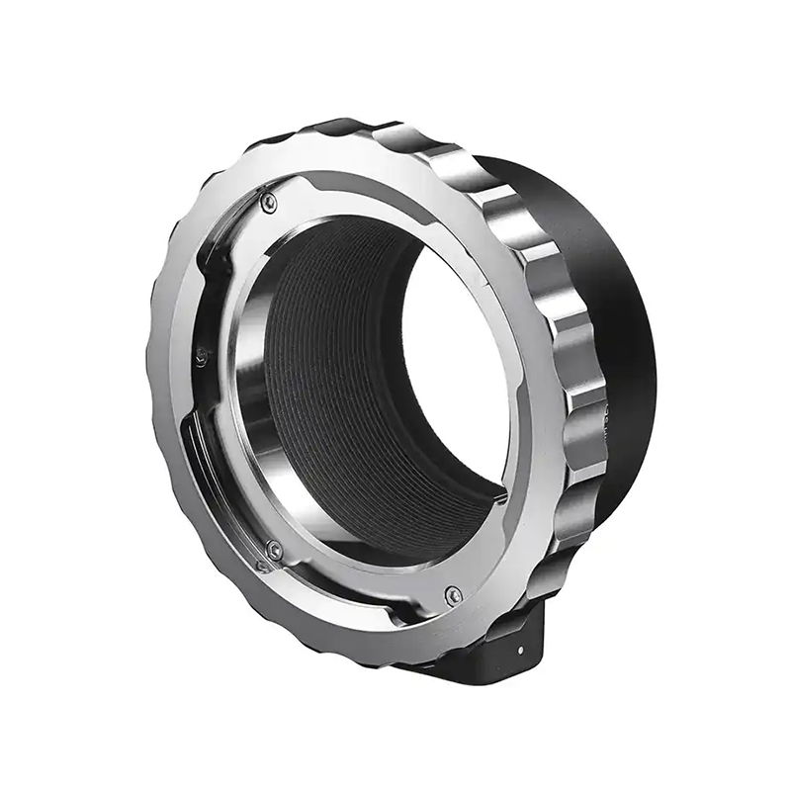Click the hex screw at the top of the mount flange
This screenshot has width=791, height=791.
tap(269, 202)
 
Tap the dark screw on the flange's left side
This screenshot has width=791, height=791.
tap(202, 356)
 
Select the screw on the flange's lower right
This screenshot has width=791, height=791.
tap(453, 594)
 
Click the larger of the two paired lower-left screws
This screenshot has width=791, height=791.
tap(275, 550)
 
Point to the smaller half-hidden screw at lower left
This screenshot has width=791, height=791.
tap(262, 566)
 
